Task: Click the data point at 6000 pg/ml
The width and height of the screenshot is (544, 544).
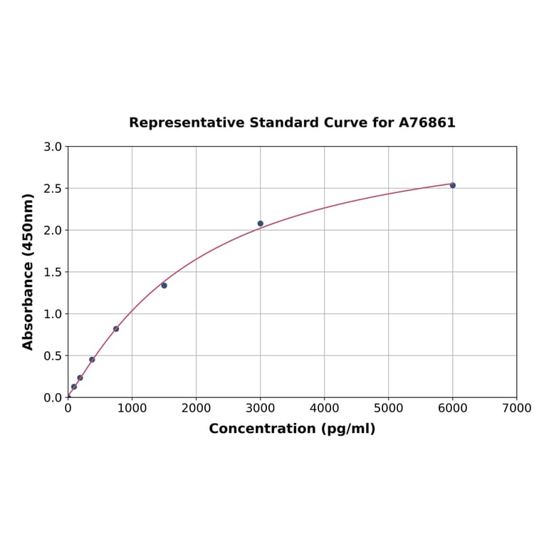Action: [x=452, y=185]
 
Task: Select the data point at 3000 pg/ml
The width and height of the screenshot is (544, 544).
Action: [x=260, y=224]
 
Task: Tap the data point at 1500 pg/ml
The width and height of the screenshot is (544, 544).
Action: [x=164, y=286]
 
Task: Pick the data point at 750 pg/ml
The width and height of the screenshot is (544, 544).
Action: [x=116, y=329]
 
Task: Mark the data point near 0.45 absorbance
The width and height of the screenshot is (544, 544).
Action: [x=92, y=360]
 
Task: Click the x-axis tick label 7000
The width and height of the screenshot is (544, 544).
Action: [x=516, y=409]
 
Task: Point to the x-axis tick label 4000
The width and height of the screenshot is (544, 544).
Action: [x=324, y=409]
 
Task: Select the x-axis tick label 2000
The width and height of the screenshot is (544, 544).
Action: [x=196, y=409]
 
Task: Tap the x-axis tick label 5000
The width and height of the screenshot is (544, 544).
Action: [x=388, y=409]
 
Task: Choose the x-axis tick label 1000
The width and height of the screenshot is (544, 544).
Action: [x=132, y=409]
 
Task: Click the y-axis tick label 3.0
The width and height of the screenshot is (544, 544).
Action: [x=53, y=147]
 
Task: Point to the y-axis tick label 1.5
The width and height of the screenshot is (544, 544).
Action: [x=53, y=272]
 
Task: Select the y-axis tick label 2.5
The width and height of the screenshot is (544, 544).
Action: [x=53, y=189]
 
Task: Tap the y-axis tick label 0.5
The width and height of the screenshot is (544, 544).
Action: [x=53, y=356]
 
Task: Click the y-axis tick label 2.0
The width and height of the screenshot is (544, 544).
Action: [x=53, y=230]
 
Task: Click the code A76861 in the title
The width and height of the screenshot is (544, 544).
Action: [x=427, y=123]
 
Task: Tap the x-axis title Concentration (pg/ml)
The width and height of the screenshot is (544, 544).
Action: [x=292, y=429]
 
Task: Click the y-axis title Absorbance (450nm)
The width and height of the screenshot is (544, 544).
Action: [x=28, y=271]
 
